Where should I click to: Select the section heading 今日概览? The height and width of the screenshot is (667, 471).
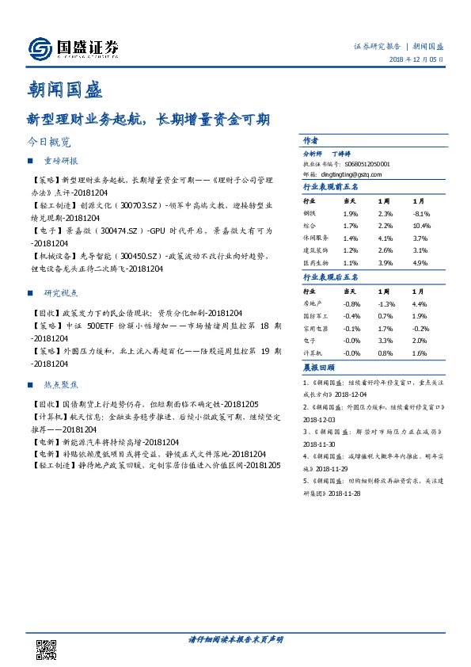click(x=48, y=143)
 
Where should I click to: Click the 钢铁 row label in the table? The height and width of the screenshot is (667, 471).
click(x=310, y=214)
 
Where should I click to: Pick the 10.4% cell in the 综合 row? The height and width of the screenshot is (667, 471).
click(x=420, y=226)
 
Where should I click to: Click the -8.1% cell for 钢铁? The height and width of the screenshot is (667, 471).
click(x=420, y=214)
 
